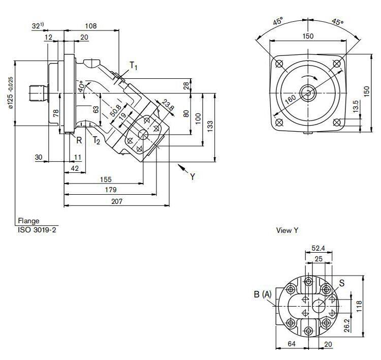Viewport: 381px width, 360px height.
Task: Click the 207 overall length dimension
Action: [x=116, y=201]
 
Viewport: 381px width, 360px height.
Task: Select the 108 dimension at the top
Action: [x=90, y=25]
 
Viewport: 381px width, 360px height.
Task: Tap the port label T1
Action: [x=134, y=65]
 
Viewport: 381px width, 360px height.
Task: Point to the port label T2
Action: [x=96, y=141]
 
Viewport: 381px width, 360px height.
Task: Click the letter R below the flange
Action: [x=79, y=140]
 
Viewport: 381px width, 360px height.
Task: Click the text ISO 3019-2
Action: [x=37, y=229]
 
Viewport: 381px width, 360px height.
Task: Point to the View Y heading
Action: [x=287, y=230]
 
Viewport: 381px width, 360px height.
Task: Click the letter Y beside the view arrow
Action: [x=193, y=177]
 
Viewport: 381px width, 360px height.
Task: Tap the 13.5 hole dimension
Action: [x=356, y=105]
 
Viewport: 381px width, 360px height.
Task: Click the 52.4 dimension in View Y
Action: [x=318, y=249]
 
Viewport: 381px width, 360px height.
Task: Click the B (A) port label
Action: [x=263, y=293]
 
